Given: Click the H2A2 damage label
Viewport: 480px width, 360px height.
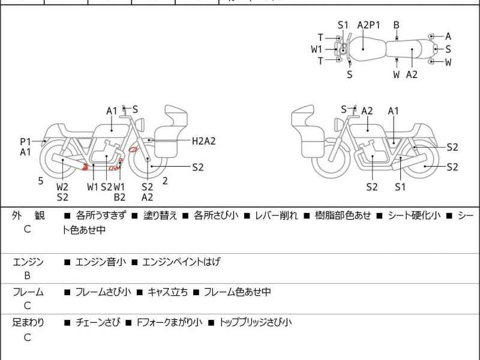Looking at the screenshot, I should pos(204,141).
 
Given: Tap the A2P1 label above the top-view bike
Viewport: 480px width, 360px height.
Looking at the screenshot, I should pos(369,25).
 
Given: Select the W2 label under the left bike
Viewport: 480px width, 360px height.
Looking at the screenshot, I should pos(62,186).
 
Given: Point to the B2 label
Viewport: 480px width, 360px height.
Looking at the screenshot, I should pos(119,197).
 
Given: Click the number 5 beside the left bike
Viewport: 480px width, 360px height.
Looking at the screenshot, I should pos(41,180).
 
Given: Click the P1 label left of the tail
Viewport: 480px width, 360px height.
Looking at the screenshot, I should pos(25,142).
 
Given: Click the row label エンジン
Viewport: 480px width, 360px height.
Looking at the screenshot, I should pos(28,262).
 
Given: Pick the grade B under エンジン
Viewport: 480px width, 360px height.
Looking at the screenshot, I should pos(27,276).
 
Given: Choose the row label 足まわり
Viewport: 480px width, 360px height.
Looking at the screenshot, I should pos(28,323).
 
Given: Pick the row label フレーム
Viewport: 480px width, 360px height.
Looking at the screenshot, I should pos(28,292).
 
